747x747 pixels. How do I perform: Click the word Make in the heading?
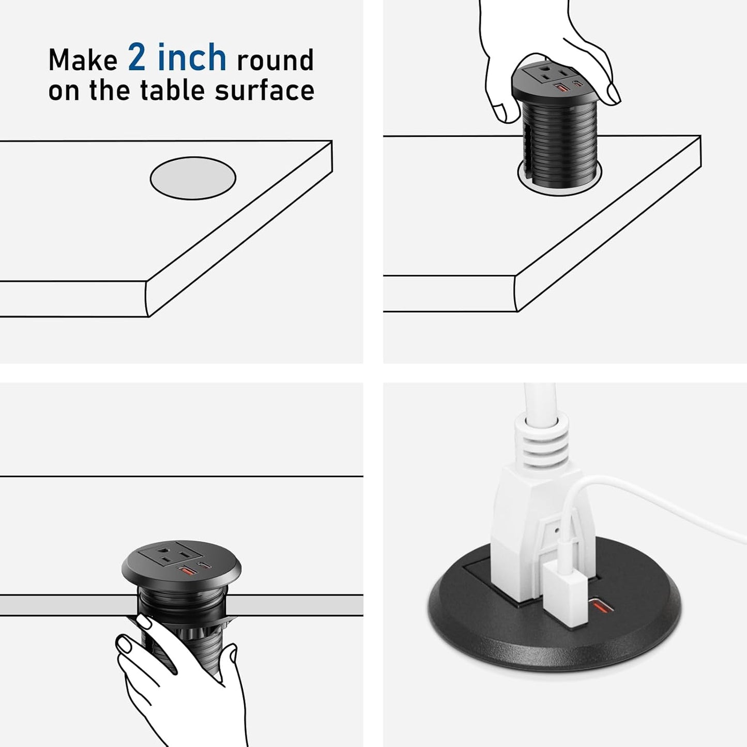pyautogui.click(x=83, y=60)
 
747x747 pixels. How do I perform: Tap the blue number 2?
pyautogui.click(x=137, y=57)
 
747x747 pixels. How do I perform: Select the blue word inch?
pyautogui.click(x=192, y=57)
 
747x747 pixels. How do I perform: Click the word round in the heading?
pyautogui.click(x=275, y=60)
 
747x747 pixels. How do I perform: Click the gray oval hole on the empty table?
pyautogui.click(x=193, y=178)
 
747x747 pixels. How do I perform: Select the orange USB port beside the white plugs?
pyautogui.click(x=602, y=605)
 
